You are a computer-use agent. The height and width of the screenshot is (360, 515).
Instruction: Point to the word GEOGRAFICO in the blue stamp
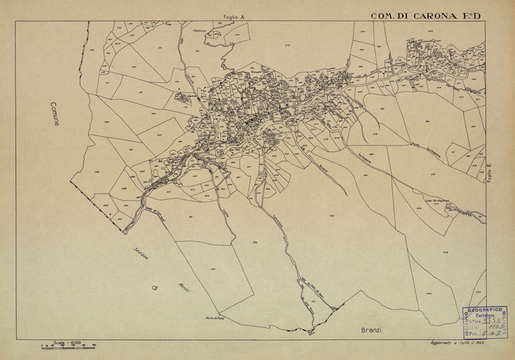485,310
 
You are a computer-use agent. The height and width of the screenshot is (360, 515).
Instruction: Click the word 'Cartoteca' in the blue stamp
485,316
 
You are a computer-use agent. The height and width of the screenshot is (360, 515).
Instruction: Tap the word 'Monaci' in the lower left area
183,288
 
